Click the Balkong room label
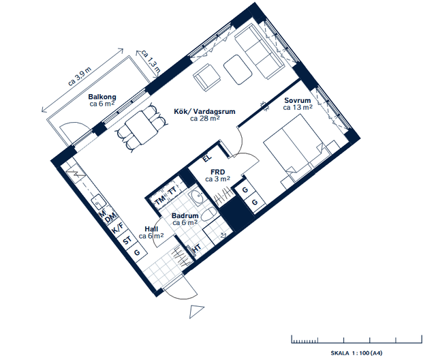click(x=102, y=97)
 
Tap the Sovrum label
click(x=297, y=100)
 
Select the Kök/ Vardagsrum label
click(x=204, y=111)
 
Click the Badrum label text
click(x=185, y=215)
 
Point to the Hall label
click(x=151, y=229)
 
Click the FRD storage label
click(x=217, y=172)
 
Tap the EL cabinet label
click(x=207, y=159)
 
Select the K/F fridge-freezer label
click(x=117, y=229)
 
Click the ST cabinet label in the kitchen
click(x=127, y=241)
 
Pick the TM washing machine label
click(x=160, y=200)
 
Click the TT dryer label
click(x=172, y=191)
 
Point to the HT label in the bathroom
click(x=197, y=249)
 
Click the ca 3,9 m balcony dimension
click(x=79, y=76)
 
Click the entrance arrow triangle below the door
click(x=196, y=312)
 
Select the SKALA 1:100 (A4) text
click(x=356, y=353)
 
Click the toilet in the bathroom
click(x=208, y=214)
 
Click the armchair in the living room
click(x=208, y=78)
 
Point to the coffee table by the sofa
click(x=238, y=70)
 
